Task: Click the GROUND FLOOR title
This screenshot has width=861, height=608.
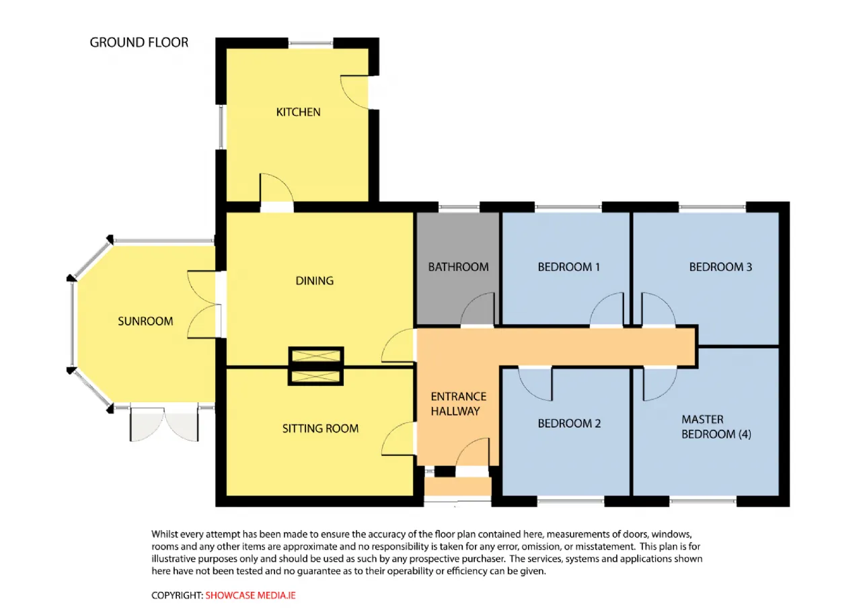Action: [x=139, y=42]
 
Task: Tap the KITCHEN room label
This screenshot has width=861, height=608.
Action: [x=298, y=112]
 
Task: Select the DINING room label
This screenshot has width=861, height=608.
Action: [x=314, y=281]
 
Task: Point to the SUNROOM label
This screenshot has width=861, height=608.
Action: [x=145, y=321]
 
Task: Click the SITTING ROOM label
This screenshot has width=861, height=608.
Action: [x=320, y=428]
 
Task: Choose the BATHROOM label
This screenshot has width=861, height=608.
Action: [x=458, y=267]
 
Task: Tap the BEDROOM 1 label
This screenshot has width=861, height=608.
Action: [x=568, y=267]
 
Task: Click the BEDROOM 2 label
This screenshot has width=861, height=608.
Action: [x=569, y=424]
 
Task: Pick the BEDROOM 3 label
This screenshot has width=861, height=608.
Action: [x=720, y=267]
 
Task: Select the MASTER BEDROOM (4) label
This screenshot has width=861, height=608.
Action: [x=716, y=426]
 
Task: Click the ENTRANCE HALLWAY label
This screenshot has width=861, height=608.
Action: [x=458, y=404]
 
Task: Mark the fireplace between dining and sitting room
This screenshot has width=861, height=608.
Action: [x=316, y=367]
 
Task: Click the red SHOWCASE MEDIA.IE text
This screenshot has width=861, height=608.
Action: [x=250, y=595]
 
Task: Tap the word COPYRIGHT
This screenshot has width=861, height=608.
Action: [x=177, y=595]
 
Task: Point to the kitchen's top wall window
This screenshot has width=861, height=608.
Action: [x=311, y=43]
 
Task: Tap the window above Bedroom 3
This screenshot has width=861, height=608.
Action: [x=712, y=207]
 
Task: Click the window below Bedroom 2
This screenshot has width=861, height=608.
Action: [x=570, y=501]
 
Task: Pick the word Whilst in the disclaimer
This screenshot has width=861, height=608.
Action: [x=165, y=534]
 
